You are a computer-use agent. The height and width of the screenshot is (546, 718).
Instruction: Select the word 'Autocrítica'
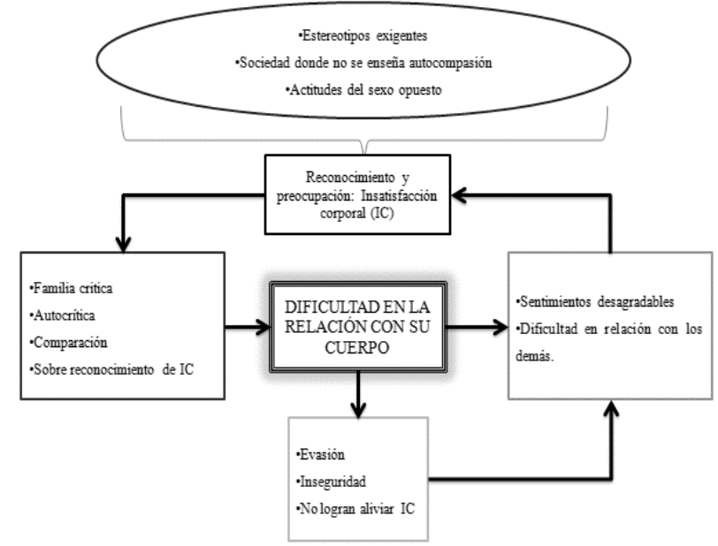(x=59, y=315)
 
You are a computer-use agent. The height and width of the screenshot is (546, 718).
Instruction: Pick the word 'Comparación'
(x=63, y=341)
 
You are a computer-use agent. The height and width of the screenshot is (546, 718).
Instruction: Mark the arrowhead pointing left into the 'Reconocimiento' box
(x=454, y=189)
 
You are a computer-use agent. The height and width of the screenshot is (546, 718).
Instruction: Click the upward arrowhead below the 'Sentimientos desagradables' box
(x=609, y=411)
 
